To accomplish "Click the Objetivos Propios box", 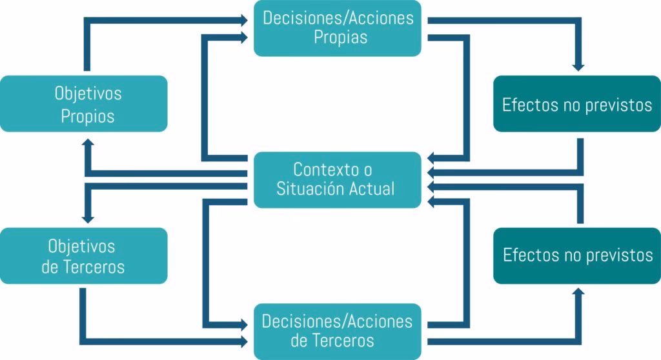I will tap(84, 104).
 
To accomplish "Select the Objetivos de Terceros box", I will tap(84, 255).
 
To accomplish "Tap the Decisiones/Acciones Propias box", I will tap(338, 28).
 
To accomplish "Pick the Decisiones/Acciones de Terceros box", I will tap(338, 330).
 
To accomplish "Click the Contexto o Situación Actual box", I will tap(338, 179).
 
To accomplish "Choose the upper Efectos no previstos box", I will tap(577, 105).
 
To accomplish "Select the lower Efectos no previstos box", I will tap(577, 255).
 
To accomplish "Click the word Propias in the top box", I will tap(341, 37).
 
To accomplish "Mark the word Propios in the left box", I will tap(88, 116).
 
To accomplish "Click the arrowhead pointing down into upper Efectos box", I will tap(578, 66).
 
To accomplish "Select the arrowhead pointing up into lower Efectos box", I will tap(578, 292).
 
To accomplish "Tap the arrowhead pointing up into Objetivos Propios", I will tap(89, 143).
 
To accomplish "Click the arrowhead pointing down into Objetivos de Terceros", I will tap(89, 217).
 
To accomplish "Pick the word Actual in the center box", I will tap(372, 189).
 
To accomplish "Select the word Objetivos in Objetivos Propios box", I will tap(88, 94).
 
